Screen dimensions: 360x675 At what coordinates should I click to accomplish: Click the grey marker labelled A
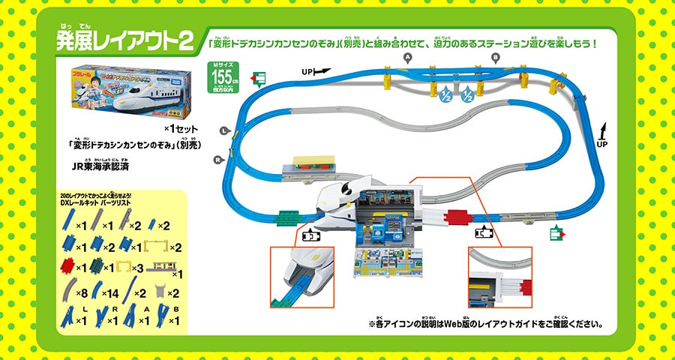pos(408,57)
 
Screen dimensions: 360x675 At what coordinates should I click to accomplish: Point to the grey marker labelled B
pos(496,57)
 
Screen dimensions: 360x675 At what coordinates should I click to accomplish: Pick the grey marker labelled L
pos(223,131)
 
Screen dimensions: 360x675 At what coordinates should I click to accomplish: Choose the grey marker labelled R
pos(217,160)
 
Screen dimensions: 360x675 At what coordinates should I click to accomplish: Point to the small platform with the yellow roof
pos(313,163)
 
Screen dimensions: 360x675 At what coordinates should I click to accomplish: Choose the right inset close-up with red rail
pos(499,277)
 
